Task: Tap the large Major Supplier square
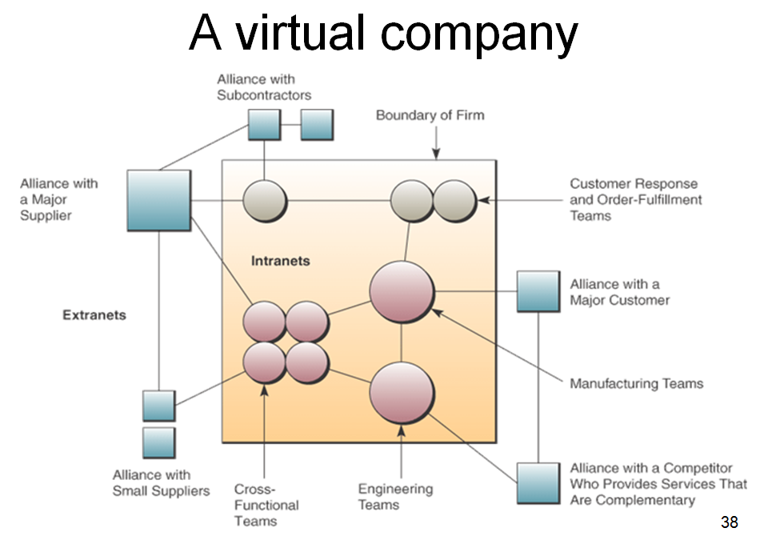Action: coord(159,201)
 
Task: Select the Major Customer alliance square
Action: coord(538,291)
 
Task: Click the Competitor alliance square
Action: coord(538,482)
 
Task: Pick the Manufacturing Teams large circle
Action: coord(402,292)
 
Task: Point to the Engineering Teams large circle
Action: coord(402,394)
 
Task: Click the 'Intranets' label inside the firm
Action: coord(280,261)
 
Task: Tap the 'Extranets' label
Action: coord(94,315)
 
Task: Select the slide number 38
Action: coord(729,522)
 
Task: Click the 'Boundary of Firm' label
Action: coord(430,115)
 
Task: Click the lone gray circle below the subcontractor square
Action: coord(265,200)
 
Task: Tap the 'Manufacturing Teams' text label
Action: coord(636,384)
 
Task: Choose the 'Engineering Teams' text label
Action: coord(395,497)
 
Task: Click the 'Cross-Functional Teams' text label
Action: coord(266,505)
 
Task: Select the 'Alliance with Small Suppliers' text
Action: coord(161,482)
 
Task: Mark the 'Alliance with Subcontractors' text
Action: coord(264,87)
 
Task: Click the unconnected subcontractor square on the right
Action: coord(317,125)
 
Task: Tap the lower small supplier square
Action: coord(158,442)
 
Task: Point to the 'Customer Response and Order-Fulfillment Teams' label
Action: coord(635,200)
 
